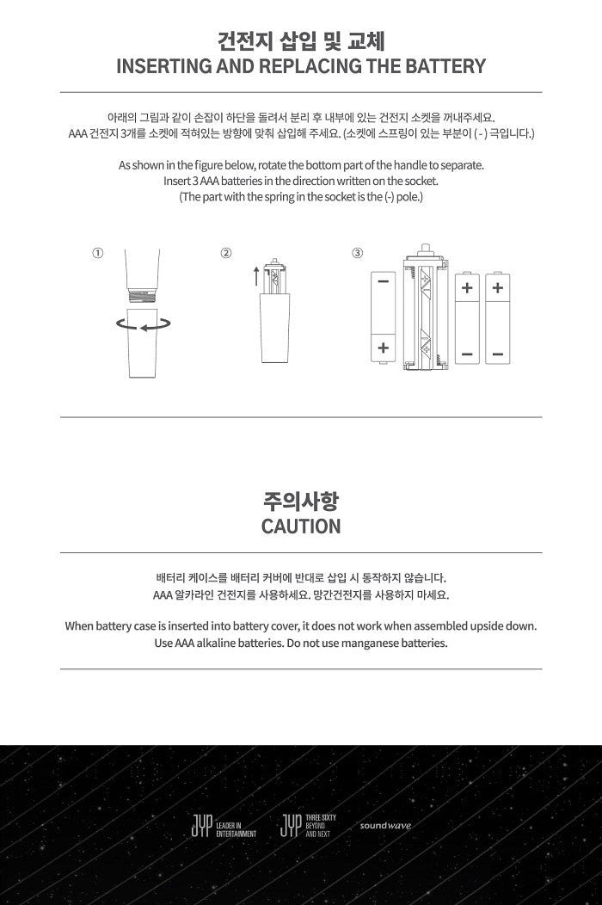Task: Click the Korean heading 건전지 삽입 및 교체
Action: coord(301,40)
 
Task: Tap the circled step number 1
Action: coord(98,253)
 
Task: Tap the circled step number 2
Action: coord(226,253)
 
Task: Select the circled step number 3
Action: coord(358,253)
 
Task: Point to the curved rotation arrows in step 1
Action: coord(143,324)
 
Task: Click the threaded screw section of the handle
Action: coord(143,294)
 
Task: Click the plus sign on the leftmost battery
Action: coord(383,348)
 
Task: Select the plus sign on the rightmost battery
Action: coord(496,288)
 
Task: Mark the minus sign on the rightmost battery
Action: coord(496,354)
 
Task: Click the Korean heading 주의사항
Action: coord(301,501)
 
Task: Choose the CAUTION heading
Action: coord(301,526)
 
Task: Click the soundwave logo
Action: coord(385,826)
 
